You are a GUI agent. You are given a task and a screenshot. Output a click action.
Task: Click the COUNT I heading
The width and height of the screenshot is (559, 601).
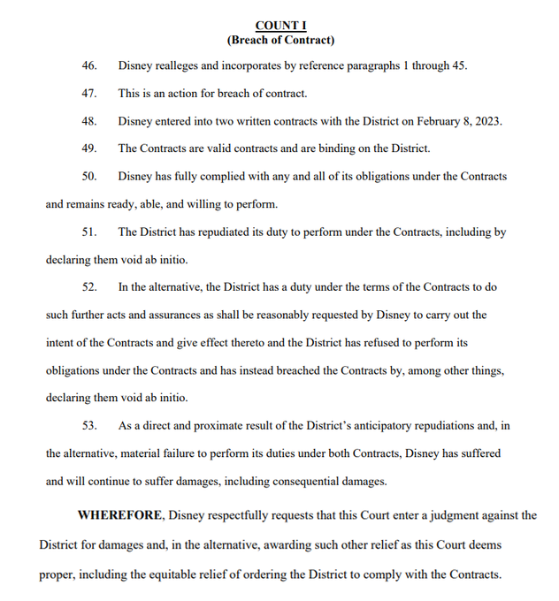[x=280, y=26]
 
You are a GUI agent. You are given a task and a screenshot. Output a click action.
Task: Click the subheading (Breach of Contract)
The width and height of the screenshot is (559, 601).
[x=280, y=40]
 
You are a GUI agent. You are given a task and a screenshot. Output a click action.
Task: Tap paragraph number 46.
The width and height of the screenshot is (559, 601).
[x=89, y=66]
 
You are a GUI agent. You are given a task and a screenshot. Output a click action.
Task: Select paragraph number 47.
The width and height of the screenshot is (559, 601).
[x=89, y=94]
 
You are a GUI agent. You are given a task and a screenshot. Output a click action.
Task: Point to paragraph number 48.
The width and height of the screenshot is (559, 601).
[x=89, y=121]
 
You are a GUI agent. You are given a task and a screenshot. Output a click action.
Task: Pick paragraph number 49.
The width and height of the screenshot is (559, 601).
[x=89, y=148]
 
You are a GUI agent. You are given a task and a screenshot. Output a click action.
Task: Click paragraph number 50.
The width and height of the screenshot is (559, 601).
[x=89, y=177]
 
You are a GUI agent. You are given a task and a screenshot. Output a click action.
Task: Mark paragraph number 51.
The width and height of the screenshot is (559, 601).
[x=89, y=232]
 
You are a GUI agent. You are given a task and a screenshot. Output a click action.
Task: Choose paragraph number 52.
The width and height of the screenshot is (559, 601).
[x=89, y=287]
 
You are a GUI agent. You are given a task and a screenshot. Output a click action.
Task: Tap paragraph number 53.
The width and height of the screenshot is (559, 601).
[x=89, y=426]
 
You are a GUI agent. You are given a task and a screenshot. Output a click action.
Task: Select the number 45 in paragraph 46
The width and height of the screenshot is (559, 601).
[x=457, y=66]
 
